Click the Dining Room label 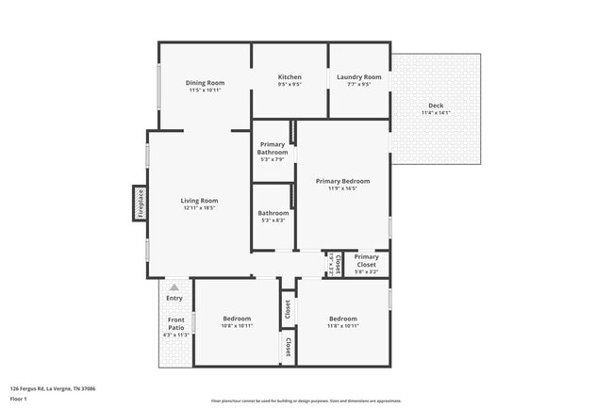click(x=205, y=82)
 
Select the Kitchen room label click(x=290, y=76)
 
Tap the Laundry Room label click(x=359, y=76)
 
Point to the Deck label click(x=436, y=105)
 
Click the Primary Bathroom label click(x=273, y=148)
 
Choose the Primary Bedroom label click(x=342, y=181)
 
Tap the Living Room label click(x=199, y=200)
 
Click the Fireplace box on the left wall click(x=140, y=204)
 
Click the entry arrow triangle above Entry click(x=174, y=286)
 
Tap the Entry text click(x=174, y=298)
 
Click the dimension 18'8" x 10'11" click(x=236, y=326)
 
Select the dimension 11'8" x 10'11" click(x=342, y=326)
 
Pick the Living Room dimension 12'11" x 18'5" click(x=199, y=208)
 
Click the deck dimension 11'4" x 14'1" click(x=436, y=113)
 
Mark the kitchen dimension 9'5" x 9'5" click(x=290, y=85)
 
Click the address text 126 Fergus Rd click(x=53, y=388)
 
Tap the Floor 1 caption click(x=19, y=400)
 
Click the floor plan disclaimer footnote click(x=306, y=400)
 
